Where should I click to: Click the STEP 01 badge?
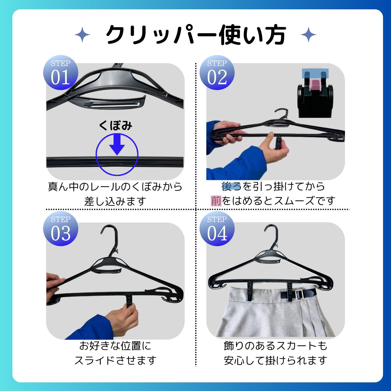coord(61,73)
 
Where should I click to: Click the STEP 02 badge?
coord(217,73)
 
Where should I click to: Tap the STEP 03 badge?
coord(61,229)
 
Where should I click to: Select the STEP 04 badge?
coord(217,229)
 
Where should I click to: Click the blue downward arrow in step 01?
coord(117,144)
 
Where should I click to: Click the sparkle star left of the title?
coord(82,35)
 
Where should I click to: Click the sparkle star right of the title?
coord(308,35)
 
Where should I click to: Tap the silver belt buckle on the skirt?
coord(298,294)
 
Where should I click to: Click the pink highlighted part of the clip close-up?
coord(316,85)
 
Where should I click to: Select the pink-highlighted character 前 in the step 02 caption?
coord(216,201)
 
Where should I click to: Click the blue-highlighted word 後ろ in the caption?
coord(231,186)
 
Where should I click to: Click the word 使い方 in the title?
coord(252,35)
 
